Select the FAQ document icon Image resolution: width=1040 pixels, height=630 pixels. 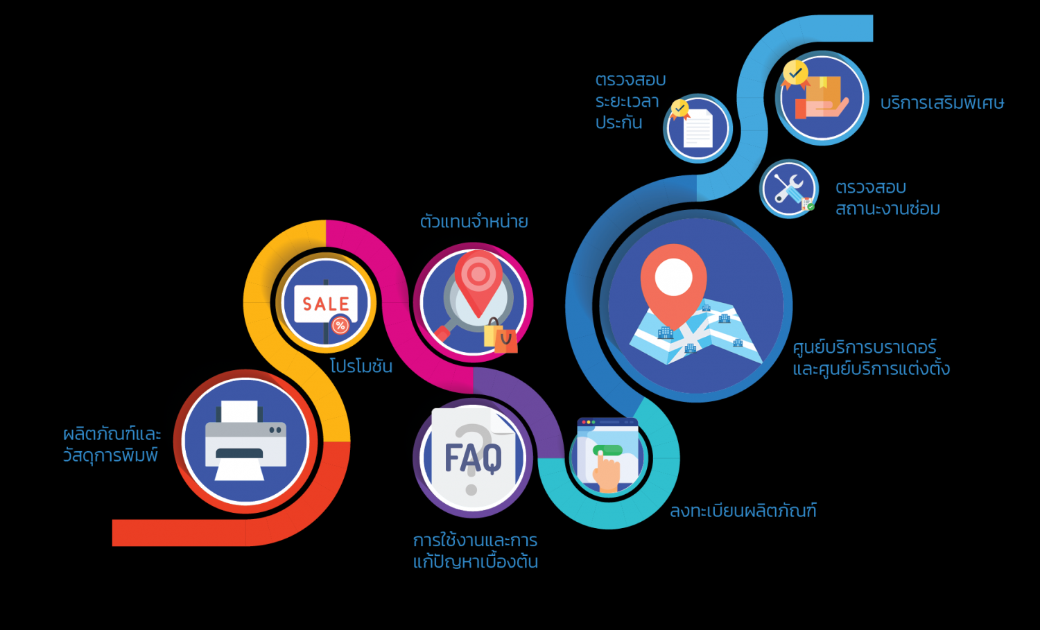point(473,457)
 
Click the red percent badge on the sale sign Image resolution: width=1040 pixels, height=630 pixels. point(340,325)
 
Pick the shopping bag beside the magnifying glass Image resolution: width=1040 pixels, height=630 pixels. point(501,337)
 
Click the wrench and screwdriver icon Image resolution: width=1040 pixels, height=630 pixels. point(789,188)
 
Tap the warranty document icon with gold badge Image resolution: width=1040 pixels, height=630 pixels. point(697,128)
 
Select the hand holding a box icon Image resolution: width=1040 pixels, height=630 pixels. point(822,98)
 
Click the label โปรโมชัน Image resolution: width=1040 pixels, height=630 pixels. point(361,366)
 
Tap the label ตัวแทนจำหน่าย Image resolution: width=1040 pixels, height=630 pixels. point(474,222)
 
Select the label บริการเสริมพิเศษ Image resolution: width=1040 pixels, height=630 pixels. point(942,103)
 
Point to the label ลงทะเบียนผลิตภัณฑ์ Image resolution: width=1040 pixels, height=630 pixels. point(743,511)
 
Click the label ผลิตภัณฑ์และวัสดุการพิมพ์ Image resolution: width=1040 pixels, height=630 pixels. point(112,444)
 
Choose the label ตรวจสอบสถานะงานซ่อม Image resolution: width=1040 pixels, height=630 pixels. point(887,198)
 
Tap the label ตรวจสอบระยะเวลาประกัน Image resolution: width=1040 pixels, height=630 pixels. point(630,101)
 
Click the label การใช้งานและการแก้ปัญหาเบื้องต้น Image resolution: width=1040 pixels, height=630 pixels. point(476,551)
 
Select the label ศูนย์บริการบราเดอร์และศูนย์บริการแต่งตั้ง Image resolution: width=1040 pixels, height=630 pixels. point(871,358)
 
